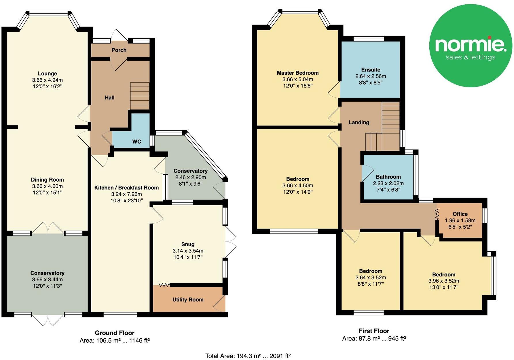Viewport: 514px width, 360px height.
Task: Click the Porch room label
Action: click(119, 50)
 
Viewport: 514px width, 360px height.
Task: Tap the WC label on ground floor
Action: click(136, 142)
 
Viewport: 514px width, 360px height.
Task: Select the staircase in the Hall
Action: click(140, 96)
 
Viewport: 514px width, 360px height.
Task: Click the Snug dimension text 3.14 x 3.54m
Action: click(188, 251)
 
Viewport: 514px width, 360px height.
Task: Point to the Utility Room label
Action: click(188, 300)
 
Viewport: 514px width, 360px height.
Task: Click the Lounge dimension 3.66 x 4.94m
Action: click(48, 80)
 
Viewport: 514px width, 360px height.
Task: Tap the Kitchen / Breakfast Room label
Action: click(126, 188)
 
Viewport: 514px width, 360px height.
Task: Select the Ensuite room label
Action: click(371, 70)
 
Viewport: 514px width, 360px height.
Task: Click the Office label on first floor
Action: click(460, 214)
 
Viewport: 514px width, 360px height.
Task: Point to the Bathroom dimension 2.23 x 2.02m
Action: click(388, 183)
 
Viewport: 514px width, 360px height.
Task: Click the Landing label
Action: click(359, 122)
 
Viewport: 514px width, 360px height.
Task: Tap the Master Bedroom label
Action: click(297, 73)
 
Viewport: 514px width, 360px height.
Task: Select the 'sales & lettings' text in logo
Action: click(471, 57)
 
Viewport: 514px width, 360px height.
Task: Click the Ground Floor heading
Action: click(115, 333)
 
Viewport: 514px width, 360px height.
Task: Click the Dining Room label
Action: click(48, 180)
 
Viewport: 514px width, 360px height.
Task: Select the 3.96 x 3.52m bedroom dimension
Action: click(443, 281)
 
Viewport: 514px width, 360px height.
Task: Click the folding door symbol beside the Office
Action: click(437, 214)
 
